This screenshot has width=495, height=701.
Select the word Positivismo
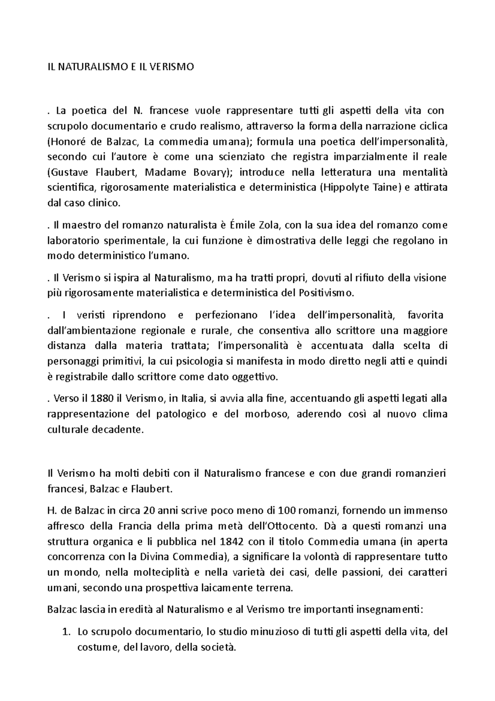point(325,293)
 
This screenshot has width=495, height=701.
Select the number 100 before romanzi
point(287,511)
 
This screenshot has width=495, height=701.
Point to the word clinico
point(106,203)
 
